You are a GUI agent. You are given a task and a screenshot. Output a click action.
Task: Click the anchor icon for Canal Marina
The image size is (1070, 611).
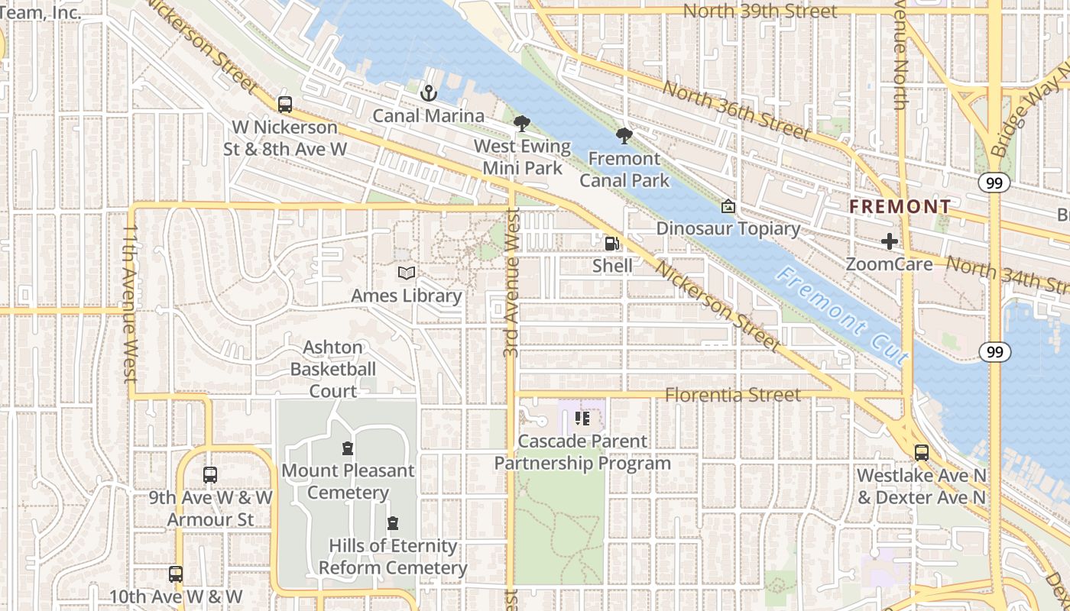[429, 93]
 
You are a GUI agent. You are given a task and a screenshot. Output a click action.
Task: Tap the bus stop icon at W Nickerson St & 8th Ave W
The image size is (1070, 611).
[285, 105]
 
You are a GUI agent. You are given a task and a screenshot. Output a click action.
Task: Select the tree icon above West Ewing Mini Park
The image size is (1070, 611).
[522, 123]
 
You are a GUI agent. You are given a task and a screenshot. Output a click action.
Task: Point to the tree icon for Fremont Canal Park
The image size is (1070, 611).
[624, 136]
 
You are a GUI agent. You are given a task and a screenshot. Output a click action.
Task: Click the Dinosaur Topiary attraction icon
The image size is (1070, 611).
[728, 206]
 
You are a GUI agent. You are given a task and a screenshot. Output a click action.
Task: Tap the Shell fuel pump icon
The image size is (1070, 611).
[612, 243]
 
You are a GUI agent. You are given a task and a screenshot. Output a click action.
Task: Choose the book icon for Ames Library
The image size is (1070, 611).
[407, 273]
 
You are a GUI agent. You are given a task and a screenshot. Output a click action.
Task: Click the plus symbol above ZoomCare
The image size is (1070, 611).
[890, 241]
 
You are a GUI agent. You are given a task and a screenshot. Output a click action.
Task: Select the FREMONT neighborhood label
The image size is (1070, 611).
[900, 206]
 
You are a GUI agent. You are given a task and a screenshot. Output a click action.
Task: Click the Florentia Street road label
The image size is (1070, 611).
[733, 395]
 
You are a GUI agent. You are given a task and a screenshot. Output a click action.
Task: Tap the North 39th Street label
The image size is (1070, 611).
[760, 11]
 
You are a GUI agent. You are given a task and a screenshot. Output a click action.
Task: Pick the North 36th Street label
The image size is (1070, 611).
[735, 110]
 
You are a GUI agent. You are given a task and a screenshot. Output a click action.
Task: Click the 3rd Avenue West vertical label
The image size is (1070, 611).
[511, 283]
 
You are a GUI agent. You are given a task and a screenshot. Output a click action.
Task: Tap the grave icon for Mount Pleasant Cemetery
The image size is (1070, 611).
[348, 448]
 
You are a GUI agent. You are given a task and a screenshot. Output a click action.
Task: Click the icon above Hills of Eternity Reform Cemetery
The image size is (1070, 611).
[393, 523]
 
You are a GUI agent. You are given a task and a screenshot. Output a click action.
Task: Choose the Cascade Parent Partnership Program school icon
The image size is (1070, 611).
[582, 419]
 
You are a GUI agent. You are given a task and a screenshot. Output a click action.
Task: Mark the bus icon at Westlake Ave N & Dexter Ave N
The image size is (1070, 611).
[922, 452]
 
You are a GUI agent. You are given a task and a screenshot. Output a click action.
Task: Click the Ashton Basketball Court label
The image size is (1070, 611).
[332, 369]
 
